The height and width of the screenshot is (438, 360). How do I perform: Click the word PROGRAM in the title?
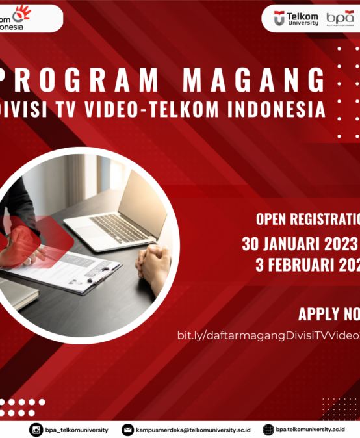coord(85,81)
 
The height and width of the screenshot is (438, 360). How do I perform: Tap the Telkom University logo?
coord(296,18)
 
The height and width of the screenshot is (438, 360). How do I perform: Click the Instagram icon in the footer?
coord(36,430)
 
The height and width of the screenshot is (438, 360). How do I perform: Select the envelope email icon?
coord(128,430)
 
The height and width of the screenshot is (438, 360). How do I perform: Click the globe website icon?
coord(268,430)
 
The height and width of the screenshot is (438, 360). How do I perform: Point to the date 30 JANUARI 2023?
coord(300,244)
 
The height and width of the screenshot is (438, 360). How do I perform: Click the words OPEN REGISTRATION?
coord(308,218)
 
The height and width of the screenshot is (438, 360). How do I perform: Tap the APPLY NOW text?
coord(329,315)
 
